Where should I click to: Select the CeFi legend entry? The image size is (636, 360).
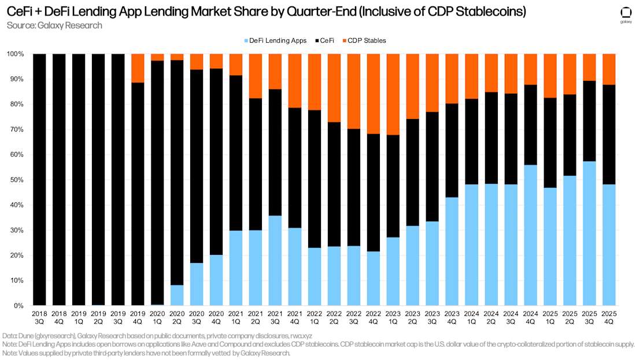click(328, 40)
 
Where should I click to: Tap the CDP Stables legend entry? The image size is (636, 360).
click(366, 40)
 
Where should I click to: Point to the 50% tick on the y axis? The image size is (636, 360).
click(16, 180)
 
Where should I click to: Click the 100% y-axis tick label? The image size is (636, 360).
click(15, 54)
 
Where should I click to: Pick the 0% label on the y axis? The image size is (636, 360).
click(18, 306)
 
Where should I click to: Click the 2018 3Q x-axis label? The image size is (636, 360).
click(39, 316)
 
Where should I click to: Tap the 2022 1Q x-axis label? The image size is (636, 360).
click(315, 316)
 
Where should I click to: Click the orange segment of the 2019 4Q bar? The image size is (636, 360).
click(138, 68)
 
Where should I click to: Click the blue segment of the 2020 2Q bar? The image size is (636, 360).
click(177, 295)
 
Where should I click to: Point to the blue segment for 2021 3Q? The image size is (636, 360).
click(275, 261)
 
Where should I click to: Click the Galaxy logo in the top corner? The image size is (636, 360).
click(626, 14)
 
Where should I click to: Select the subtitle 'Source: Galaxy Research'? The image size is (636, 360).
click(54, 25)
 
